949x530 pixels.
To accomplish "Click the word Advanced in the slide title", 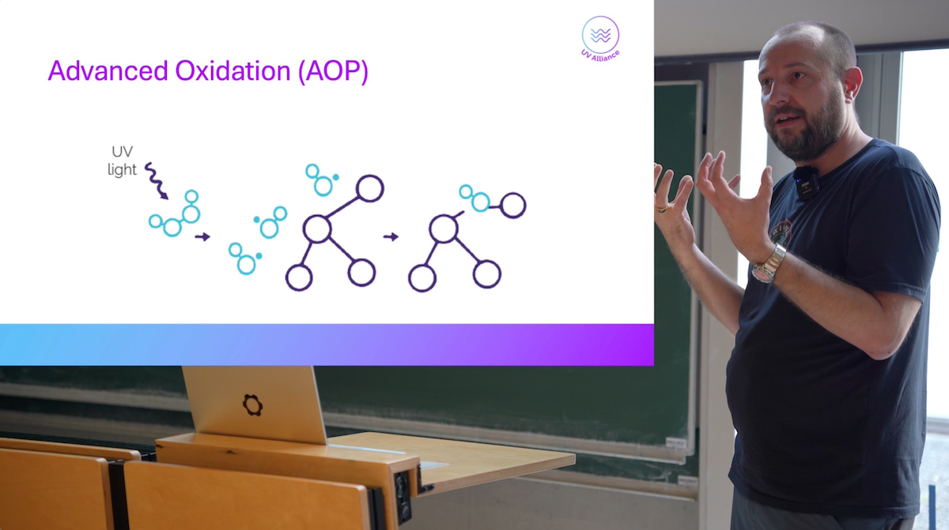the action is tap(108, 70).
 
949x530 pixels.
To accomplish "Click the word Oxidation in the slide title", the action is tap(233, 70).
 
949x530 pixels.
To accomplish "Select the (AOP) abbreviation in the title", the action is tap(333, 72).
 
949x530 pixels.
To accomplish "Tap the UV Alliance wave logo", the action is tap(600, 38).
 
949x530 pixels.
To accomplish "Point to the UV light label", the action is tap(122, 161).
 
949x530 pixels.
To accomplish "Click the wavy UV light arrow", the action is tap(156, 180).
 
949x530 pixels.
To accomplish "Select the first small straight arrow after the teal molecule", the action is tap(202, 237).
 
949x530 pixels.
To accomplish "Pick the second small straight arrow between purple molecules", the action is tap(391, 237).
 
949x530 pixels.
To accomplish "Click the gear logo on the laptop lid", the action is tap(252, 404).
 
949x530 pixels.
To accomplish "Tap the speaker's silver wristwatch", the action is tap(769, 265).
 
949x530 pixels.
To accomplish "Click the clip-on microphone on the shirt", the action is tap(806, 183).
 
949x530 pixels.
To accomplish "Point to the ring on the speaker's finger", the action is tap(663, 209).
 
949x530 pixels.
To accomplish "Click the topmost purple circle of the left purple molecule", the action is tap(370, 188).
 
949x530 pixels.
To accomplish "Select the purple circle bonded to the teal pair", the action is tap(513, 206).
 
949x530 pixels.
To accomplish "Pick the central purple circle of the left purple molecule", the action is tap(317, 229).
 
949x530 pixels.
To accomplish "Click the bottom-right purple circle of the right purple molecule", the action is tap(487, 274).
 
